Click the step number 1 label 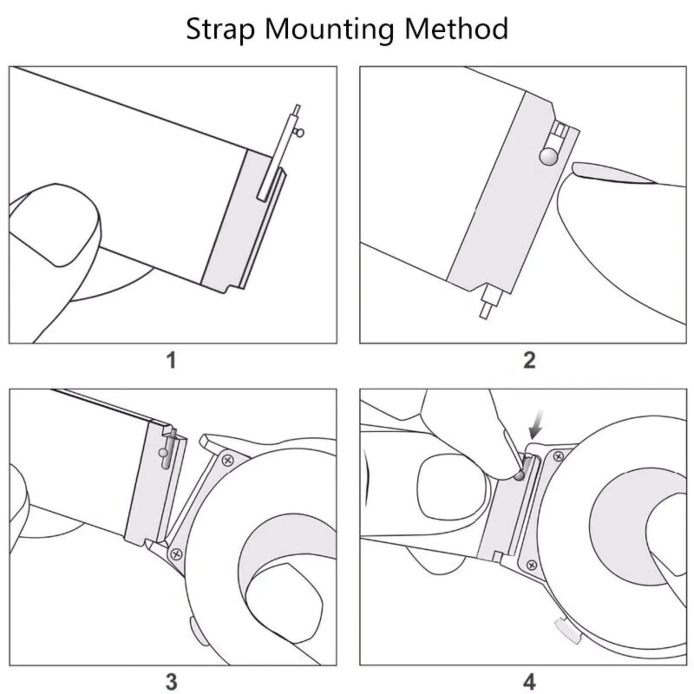tap(171, 360)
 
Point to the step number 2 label tap(529, 360)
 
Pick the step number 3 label tap(171, 682)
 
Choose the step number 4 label tap(529, 682)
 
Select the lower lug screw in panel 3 tap(176, 553)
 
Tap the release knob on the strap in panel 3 tap(163, 452)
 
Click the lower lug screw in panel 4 tap(531, 565)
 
